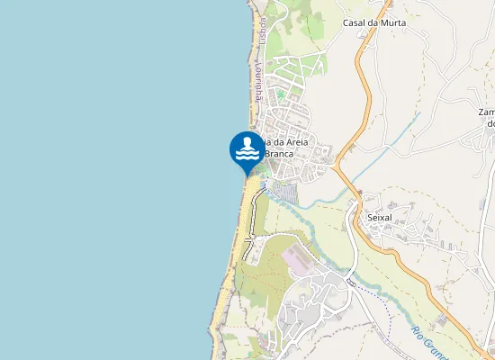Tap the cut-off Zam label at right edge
(x=487, y=112)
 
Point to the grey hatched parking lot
(x=284, y=192)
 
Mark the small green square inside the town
(x=280, y=94)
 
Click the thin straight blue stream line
(x=382, y=143)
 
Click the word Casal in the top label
(x=357, y=22)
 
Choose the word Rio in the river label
(x=418, y=333)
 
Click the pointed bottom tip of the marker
(x=247, y=175)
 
